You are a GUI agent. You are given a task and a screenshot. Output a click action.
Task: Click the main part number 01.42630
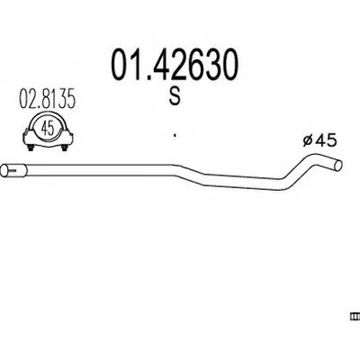[x=175, y=66]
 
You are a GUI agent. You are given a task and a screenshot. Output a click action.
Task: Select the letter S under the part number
[x=175, y=97]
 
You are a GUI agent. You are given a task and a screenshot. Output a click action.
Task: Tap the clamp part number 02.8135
[x=47, y=100]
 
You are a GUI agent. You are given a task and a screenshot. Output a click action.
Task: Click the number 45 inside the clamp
[x=48, y=129]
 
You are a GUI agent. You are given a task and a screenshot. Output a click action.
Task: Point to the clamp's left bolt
[x=31, y=148]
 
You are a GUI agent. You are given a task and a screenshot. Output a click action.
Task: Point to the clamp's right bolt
[x=64, y=148]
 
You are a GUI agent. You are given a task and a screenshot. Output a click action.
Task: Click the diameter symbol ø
[x=307, y=140]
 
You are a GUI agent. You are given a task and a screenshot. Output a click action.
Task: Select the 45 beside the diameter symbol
[x=325, y=140]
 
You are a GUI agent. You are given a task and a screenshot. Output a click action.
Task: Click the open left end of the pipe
[x=4, y=171]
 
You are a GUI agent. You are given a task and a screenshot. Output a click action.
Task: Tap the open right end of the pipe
[x=338, y=166]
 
